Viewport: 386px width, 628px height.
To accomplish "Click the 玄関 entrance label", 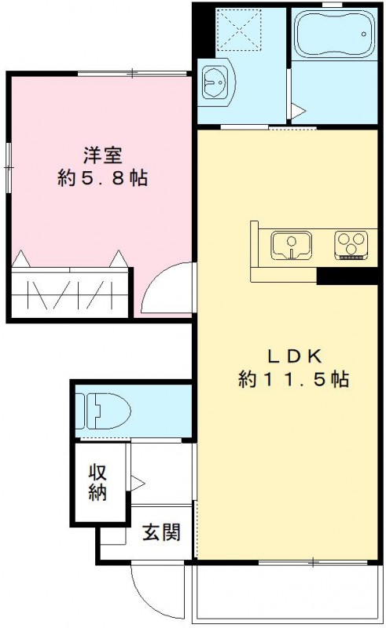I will click(x=161, y=532).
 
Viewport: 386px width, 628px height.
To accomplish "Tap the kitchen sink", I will click(x=292, y=245).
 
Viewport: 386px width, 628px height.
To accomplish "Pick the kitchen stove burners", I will click(x=351, y=245).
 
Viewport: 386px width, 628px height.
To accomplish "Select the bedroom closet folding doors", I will click(x=69, y=294).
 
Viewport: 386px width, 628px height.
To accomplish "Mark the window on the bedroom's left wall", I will click(x=8, y=165).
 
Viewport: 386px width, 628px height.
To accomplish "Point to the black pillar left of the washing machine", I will click(x=202, y=27).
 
